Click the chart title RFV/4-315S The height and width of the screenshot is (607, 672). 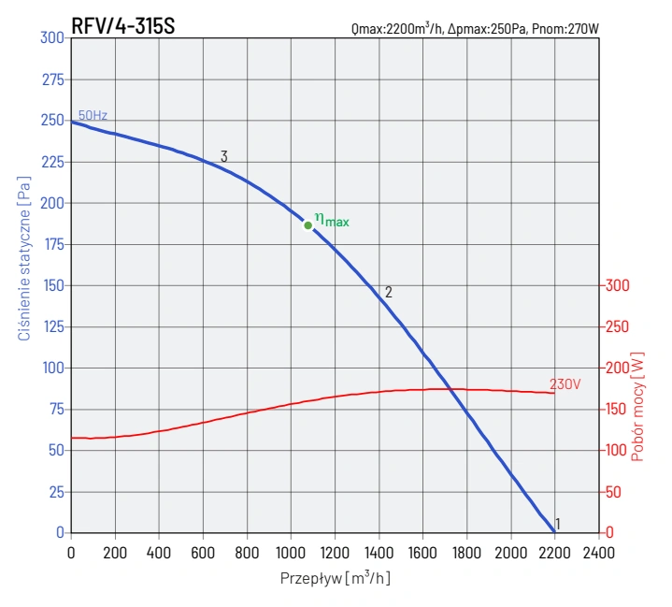[122, 27]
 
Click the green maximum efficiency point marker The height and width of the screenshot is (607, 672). [308, 225]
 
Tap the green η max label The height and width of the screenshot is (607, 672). [332, 220]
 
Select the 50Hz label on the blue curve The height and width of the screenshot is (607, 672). [93, 116]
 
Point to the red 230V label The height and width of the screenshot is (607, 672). [564, 384]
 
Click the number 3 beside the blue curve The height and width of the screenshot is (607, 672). [224, 157]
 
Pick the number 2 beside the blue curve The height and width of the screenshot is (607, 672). [388, 292]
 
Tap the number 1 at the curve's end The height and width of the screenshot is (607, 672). [558, 524]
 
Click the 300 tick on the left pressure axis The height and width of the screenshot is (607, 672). [52, 37]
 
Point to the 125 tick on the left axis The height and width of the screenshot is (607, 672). [52, 326]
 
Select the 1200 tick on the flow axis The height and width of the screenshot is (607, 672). [335, 552]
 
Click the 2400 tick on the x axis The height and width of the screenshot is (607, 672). [598, 552]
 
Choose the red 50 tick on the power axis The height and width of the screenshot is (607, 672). [613, 491]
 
